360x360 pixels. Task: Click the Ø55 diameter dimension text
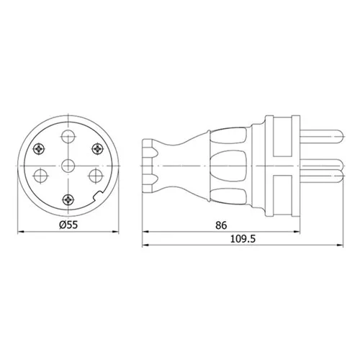pos(68,225)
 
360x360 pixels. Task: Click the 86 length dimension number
pos(221,225)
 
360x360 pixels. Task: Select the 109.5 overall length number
pos(243,239)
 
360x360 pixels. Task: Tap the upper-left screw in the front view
pos(39,149)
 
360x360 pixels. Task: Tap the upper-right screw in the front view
pos(98,149)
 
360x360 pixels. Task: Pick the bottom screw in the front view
pos(68,199)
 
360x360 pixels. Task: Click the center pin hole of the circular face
pos(68,166)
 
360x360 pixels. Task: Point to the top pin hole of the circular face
pos(68,136)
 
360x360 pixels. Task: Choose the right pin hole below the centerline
pos(96,176)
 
